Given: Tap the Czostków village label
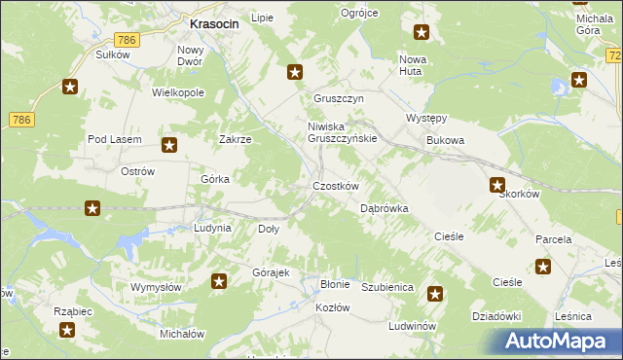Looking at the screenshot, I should tap(336, 186).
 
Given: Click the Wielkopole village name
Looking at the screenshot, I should tap(177, 92).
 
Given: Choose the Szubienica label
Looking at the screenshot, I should tap(388, 288).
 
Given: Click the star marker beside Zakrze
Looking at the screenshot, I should tap(169, 147).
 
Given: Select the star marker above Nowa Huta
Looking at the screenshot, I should tap(421, 33).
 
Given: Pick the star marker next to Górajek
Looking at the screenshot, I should tap(219, 282).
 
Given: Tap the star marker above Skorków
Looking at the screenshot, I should tap(497, 185).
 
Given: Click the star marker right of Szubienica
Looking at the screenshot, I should tap(435, 293).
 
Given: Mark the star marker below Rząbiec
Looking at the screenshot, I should tap(66, 330).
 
